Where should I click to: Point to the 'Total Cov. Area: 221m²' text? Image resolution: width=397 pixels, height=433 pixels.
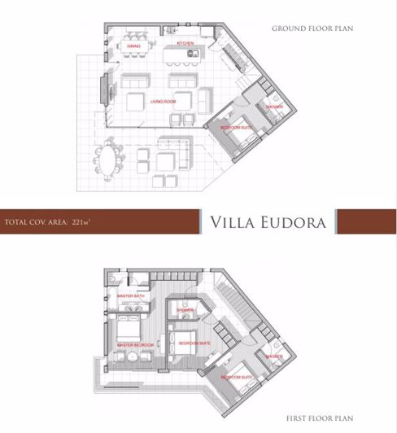[x=46, y=221]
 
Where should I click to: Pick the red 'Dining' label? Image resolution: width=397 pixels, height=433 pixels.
[x=134, y=46]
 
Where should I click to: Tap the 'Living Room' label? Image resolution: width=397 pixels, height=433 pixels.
[x=163, y=102]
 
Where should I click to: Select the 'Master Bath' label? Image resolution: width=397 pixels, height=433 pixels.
[x=131, y=295]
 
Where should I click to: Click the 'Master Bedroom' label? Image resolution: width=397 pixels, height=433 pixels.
[x=136, y=345]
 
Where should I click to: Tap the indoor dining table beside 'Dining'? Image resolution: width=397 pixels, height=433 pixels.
[x=135, y=37]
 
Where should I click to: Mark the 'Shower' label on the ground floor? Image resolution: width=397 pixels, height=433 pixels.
[x=273, y=106]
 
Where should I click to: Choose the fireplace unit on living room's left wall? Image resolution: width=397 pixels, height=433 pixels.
[x=105, y=85]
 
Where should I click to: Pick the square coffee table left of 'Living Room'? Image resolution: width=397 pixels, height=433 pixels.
[x=137, y=102]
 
